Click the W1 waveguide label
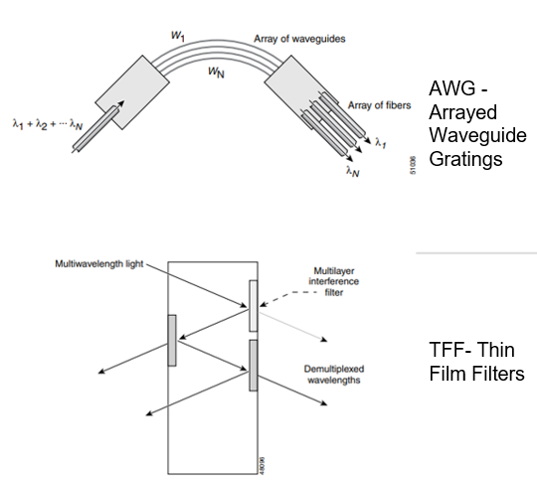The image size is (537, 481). coord(178,36)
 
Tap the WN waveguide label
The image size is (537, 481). coord(216,73)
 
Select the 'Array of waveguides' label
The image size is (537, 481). coord(299,39)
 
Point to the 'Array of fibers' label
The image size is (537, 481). coord(380,105)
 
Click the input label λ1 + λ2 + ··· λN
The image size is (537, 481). coord(48,124)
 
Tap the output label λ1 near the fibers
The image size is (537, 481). coord(380,142)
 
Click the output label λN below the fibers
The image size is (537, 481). coord(352,171)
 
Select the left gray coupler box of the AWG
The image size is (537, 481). coord(132,92)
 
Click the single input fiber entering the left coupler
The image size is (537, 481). coord(95,129)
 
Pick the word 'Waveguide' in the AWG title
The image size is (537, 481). coord(477,135)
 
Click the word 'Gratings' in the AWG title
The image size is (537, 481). coord(465,159)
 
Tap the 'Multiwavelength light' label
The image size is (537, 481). coord(99,264)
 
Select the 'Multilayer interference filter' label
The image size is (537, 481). coord(333,281)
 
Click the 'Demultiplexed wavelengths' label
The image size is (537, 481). coord(333,375)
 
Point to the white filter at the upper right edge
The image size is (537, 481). coord(254,306)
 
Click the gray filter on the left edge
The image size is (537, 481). coord(172,340)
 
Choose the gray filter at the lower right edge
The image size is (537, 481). coord(254,366)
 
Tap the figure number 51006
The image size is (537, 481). coord(413,165)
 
